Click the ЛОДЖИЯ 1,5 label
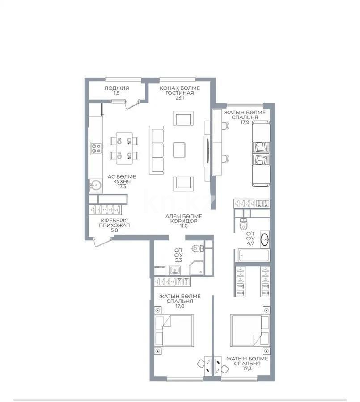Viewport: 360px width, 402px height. (x=116, y=91)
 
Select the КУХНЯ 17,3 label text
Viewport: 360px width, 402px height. (x=121, y=181)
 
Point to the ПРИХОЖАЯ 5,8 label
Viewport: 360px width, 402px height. (x=115, y=226)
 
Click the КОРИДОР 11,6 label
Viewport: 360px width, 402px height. (x=180, y=221)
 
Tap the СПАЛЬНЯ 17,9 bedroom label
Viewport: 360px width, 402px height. (x=245, y=117)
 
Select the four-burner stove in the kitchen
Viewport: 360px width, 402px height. (x=96, y=148)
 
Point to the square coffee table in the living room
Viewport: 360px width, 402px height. (x=179, y=149)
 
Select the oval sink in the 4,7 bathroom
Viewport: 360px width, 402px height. (x=264, y=240)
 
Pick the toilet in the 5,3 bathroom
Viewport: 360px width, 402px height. (x=197, y=249)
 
